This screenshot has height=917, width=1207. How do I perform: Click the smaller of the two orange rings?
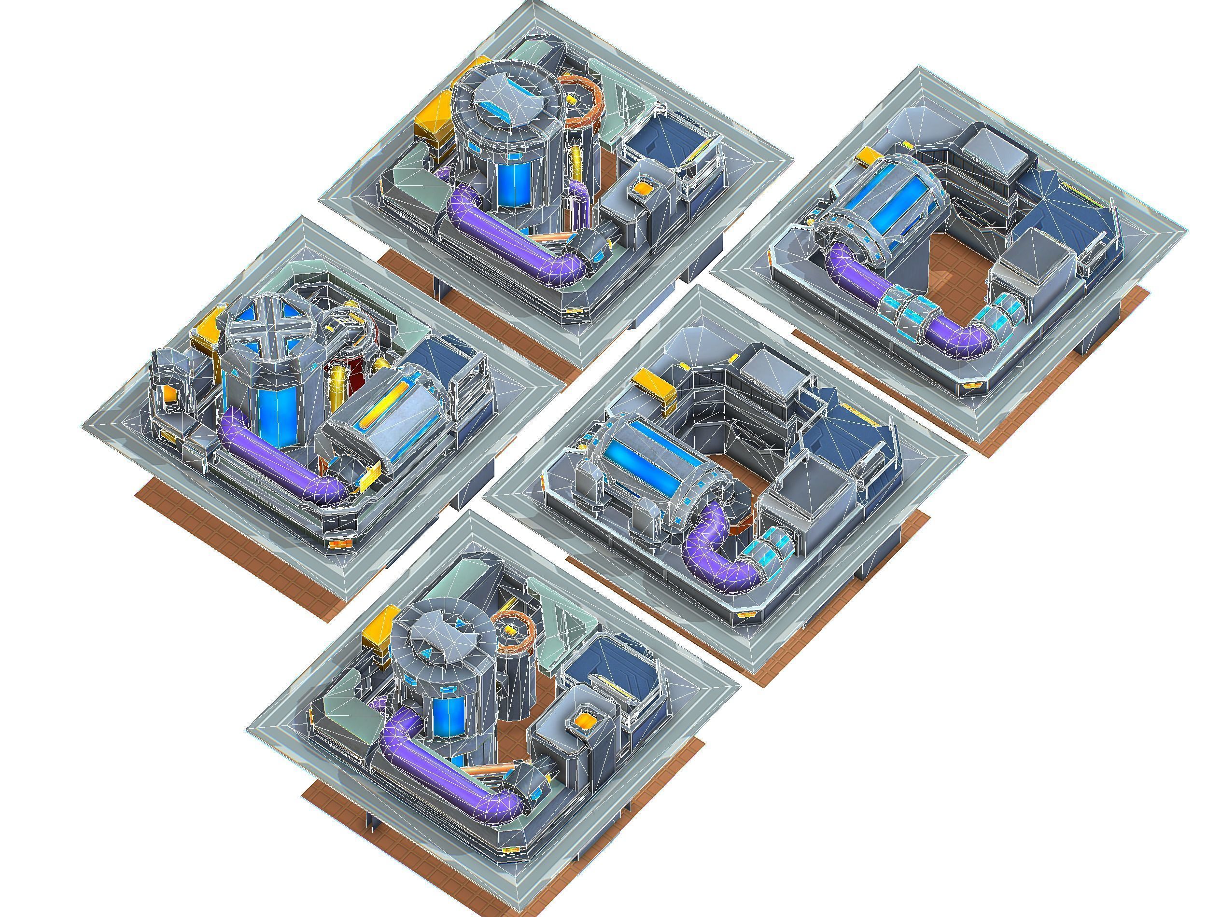click(x=511, y=632)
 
